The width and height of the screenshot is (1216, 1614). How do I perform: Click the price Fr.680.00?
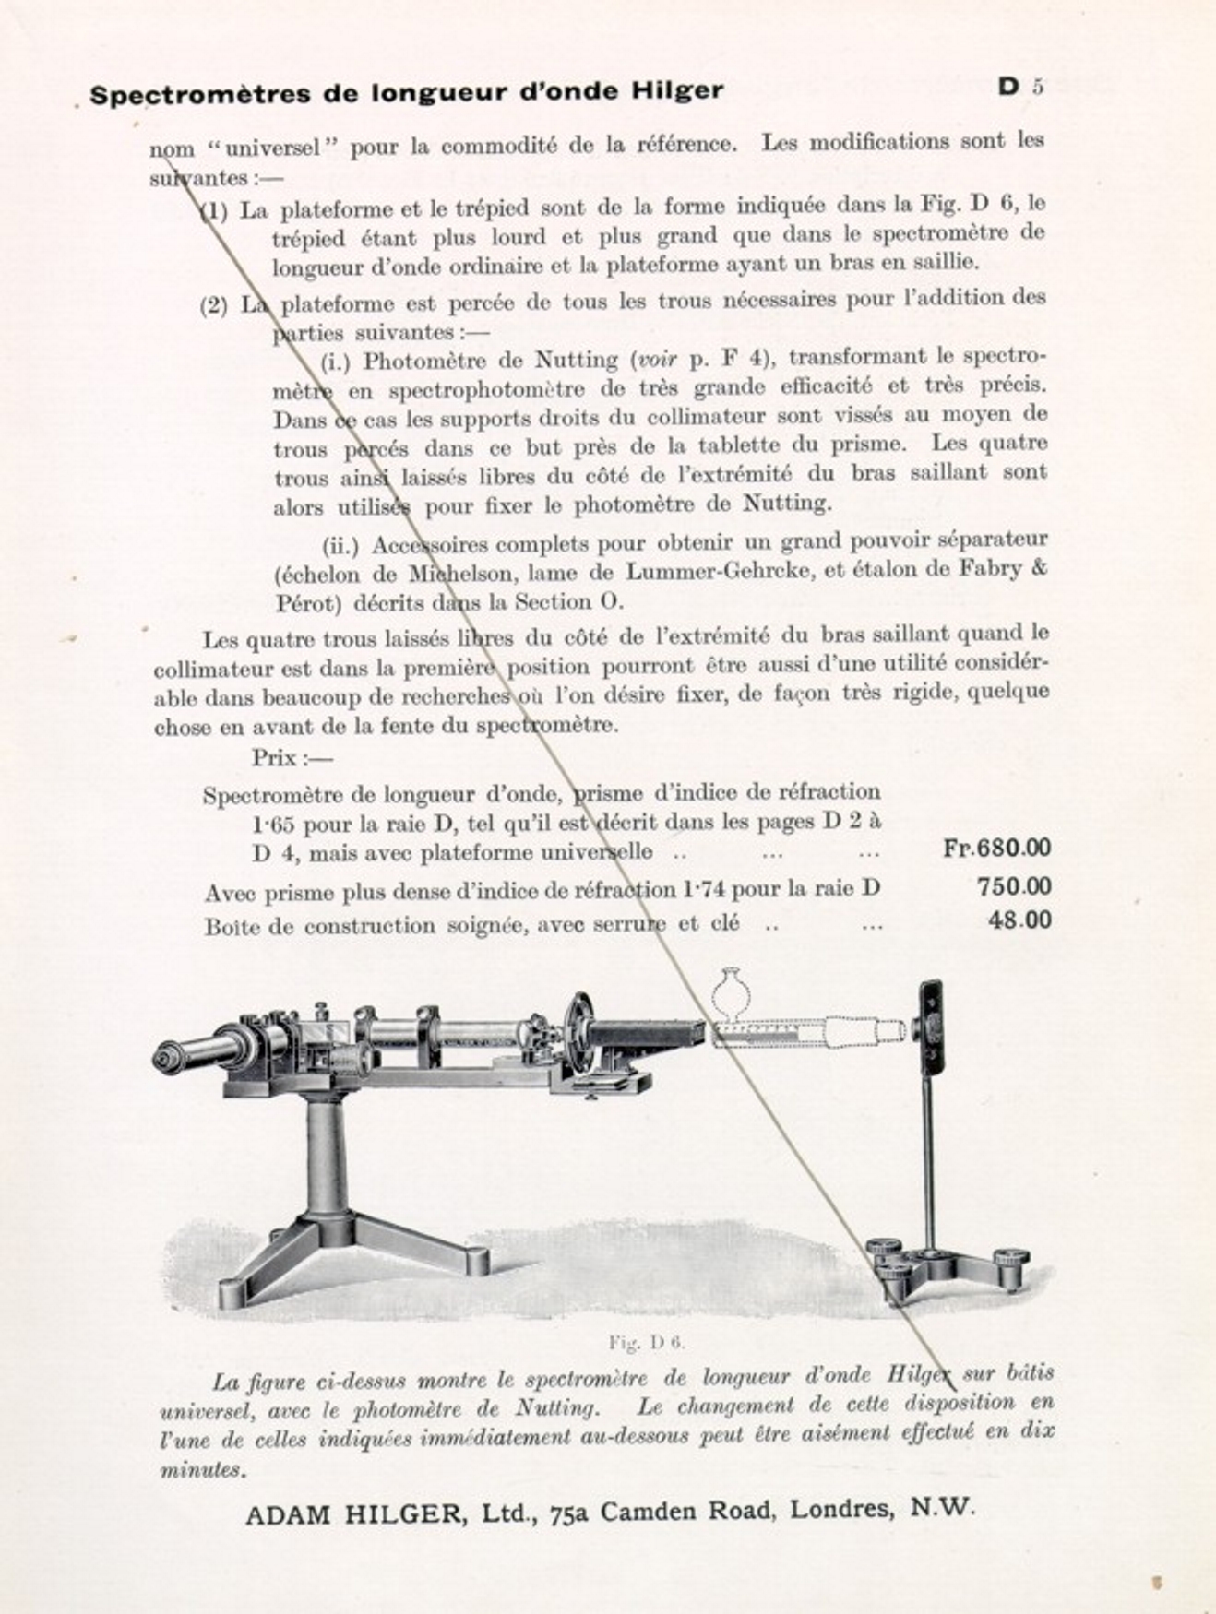tap(996, 848)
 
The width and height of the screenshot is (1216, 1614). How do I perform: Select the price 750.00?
tap(1013, 886)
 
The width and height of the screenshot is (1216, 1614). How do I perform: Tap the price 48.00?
tap(1019, 920)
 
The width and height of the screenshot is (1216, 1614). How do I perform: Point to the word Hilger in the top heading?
tap(677, 91)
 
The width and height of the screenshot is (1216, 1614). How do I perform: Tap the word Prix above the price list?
tap(274, 758)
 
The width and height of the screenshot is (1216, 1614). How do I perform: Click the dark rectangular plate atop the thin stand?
tap(930, 1023)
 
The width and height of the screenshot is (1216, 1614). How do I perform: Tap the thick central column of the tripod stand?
tap(327, 1161)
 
